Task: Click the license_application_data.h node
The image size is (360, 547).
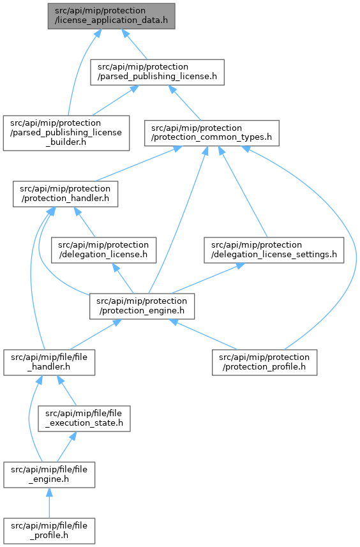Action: (111, 17)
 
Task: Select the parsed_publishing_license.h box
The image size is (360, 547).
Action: (157, 72)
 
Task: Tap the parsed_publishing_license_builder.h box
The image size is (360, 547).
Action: (66, 133)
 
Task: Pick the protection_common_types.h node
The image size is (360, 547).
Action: (212, 133)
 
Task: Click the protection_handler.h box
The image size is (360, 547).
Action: (65, 193)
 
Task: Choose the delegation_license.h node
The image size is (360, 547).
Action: (103, 250)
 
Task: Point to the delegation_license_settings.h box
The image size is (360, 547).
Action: (274, 250)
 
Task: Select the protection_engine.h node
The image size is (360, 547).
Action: (142, 306)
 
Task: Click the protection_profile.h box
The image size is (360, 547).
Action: (264, 363)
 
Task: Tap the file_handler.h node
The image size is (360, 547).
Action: (49, 363)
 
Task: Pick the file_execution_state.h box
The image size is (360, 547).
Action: (84, 419)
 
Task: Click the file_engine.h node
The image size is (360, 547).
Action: (49, 475)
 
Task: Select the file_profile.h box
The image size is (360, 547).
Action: (49, 531)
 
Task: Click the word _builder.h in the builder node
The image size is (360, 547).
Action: (66, 142)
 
